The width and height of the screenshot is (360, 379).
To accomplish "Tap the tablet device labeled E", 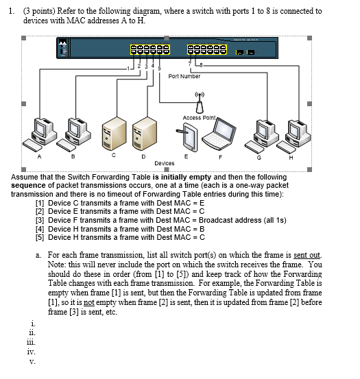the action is pyautogui.click(x=187, y=137).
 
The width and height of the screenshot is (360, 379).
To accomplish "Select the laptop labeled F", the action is pyautogui.click(x=219, y=134).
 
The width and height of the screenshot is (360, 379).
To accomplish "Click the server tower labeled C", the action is pyautogui.click(x=114, y=134).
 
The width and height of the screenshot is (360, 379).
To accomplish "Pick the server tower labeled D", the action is pyautogui.click(x=145, y=134).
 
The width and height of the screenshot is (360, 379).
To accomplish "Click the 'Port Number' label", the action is pyautogui.click(x=184, y=76).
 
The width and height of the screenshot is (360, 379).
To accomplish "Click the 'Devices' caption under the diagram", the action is pyautogui.click(x=165, y=163).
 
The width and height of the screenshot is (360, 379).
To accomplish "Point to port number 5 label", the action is pyautogui.click(x=159, y=69).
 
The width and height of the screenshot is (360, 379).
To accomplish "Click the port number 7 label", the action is pyautogui.click(x=190, y=64).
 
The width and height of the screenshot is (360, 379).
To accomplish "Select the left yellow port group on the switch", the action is pyautogui.click(x=150, y=49).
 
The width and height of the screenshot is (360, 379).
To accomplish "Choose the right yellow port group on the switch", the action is pyautogui.click(x=207, y=49).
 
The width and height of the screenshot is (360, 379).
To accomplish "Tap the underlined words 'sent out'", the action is pyautogui.click(x=307, y=255).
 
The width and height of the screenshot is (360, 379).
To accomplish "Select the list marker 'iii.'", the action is pyautogui.click(x=31, y=343).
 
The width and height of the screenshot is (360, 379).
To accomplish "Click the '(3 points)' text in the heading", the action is pyautogui.click(x=39, y=12).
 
